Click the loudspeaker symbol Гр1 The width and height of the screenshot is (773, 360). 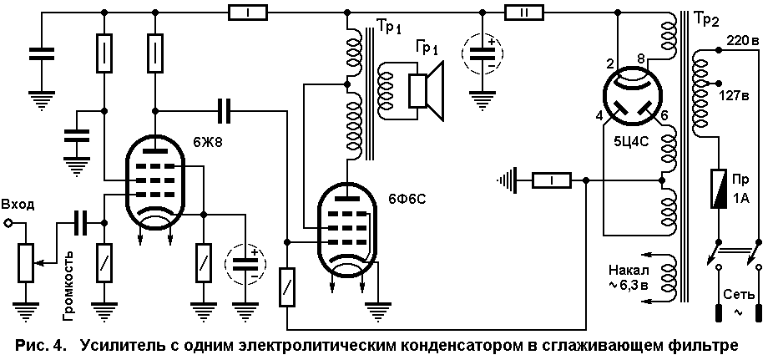coord(427,90)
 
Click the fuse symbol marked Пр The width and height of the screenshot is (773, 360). coord(718,188)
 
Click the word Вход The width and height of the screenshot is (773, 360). coord(18,205)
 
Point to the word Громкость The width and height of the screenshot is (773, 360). coord(68,285)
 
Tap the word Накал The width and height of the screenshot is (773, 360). coord(626,271)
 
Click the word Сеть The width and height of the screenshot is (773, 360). coord(739,295)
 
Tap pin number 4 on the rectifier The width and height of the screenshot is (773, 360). coord(599,116)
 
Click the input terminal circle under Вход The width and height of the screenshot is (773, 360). coord(8,223)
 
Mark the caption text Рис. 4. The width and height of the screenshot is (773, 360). coord(40,346)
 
